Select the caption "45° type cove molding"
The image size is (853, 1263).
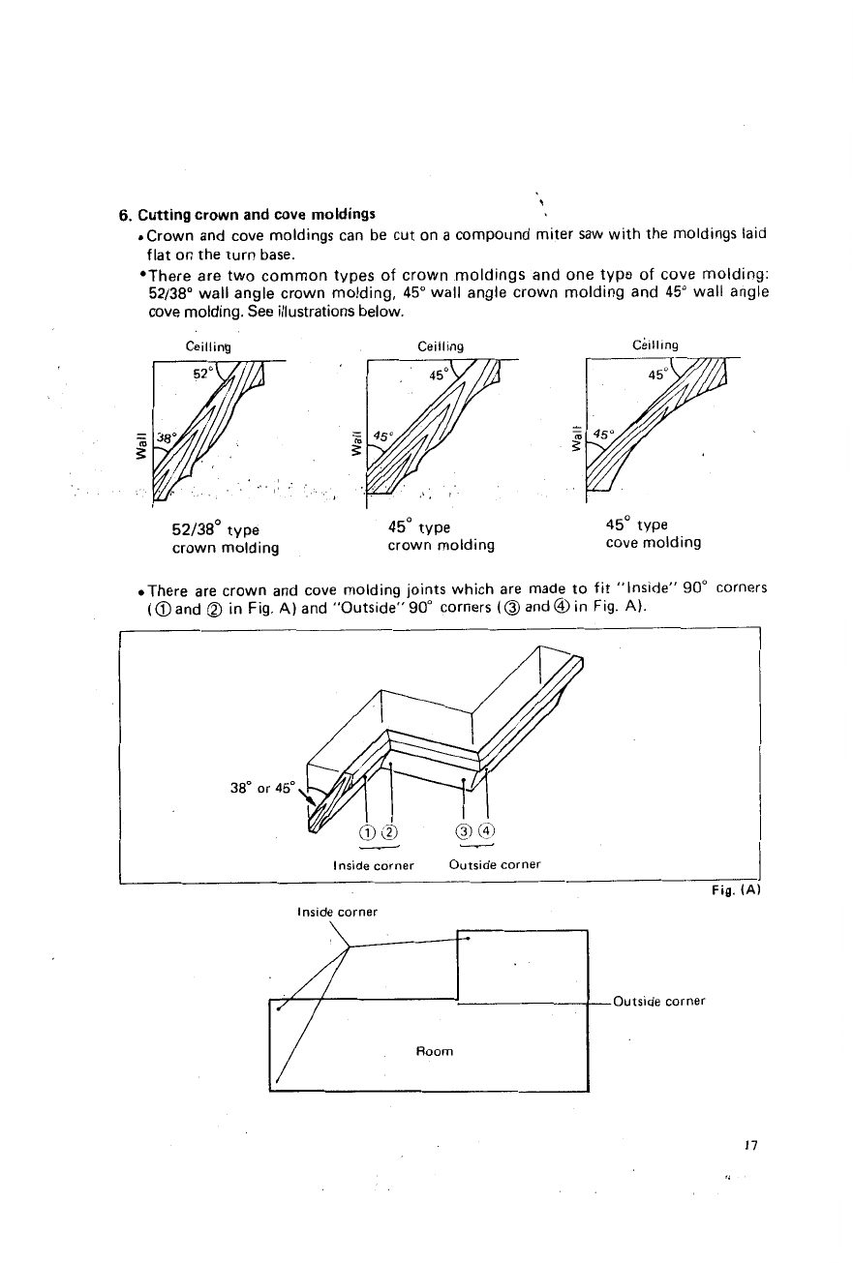[653, 534]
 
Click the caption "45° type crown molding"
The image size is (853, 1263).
[441, 536]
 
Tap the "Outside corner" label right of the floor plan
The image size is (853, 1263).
[658, 1002]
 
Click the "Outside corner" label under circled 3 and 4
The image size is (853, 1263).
[495, 864]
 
